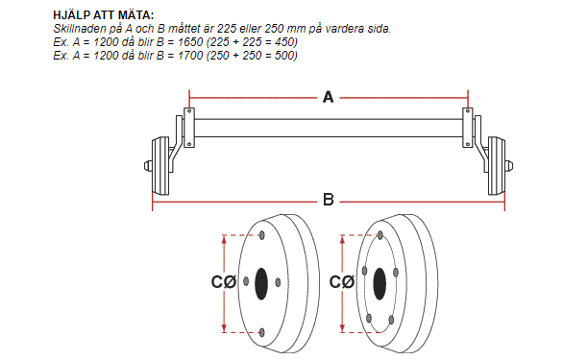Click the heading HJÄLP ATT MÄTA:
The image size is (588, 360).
[104, 15]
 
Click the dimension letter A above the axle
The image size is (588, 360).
[329, 97]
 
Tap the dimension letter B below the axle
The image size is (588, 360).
[329, 200]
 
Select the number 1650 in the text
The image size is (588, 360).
[190, 42]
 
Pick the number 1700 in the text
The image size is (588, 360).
[190, 56]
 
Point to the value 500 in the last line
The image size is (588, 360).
[285, 56]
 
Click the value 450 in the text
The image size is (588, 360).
[285, 42]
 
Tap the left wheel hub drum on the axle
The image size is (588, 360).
[160, 166]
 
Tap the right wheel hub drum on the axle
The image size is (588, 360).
[497, 166]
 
